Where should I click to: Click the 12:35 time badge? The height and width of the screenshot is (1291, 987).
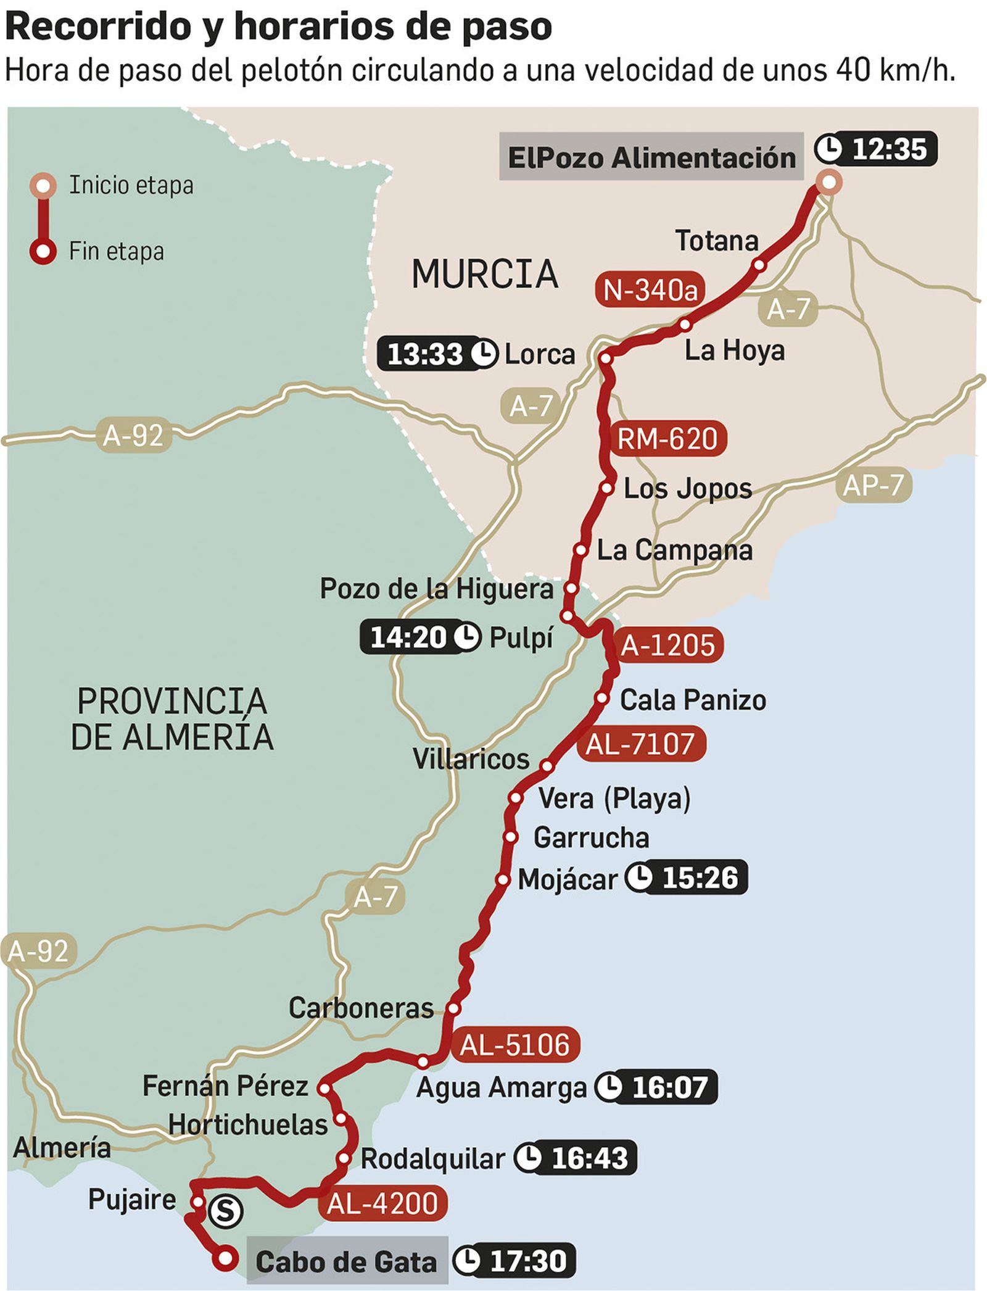click(876, 149)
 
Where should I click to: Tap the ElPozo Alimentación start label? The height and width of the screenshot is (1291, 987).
click(651, 157)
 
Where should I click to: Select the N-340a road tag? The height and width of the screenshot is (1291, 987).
click(650, 289)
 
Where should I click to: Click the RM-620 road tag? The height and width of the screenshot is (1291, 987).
click(667, 439)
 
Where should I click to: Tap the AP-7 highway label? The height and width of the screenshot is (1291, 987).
click(873, 485)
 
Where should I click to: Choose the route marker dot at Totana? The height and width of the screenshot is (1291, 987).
click(759, 265)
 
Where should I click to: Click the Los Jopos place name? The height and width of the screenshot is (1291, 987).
click(687, 488)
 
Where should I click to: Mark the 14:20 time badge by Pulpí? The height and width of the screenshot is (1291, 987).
click(420, 637)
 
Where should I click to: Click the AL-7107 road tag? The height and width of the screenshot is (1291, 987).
click(640, 743)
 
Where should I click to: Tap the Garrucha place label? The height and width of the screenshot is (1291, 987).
click(591, 837)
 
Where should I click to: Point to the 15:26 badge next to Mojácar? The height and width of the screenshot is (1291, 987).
click(687, 878)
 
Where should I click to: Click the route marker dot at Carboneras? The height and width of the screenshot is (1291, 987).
click(453, 1008)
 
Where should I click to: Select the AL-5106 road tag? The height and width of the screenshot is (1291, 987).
click(514, 1045)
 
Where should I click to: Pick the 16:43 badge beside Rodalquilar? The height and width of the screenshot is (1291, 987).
click(575, 1158)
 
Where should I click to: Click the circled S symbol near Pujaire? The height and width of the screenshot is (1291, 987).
click(225, 1211)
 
